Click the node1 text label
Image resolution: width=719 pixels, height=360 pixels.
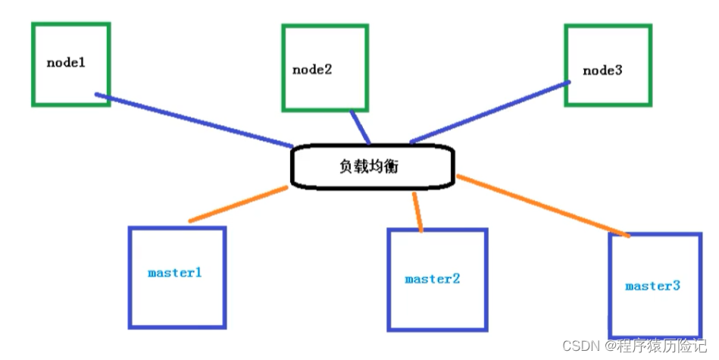(66, 62)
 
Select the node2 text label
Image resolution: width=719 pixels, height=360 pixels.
(312, 69)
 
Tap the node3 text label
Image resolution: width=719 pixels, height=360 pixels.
(602, 70)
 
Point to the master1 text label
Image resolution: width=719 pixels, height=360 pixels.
(175, 272)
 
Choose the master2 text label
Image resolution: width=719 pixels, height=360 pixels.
(432, 279)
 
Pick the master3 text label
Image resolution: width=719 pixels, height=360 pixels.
(652, 286)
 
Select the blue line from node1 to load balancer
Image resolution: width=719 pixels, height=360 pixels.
(193, 120)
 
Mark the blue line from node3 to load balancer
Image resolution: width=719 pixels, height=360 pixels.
(489, 111)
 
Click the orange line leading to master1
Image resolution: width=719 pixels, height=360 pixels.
(238, 205)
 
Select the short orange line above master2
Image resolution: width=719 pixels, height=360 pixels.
(417, 211)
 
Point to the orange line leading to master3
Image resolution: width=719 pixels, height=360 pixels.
(543, 206)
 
